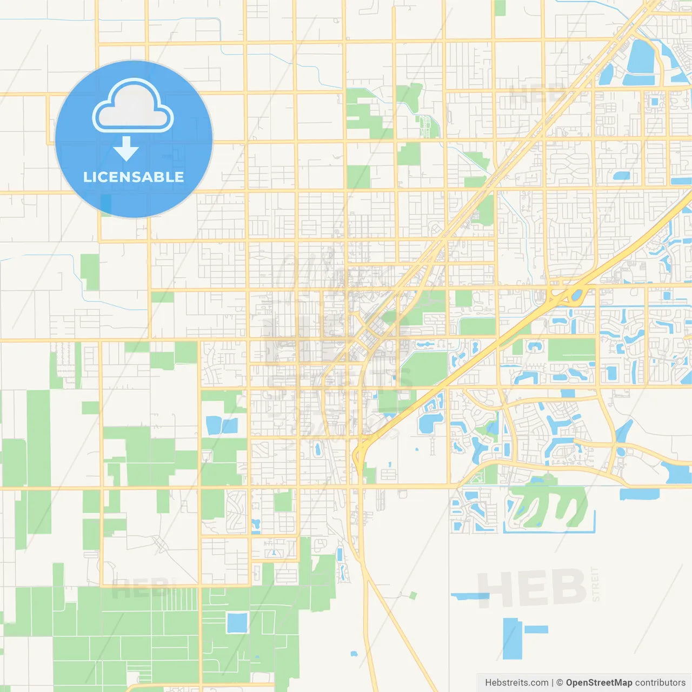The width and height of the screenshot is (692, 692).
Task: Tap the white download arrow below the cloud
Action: pyautogui.click(x=126, y=149)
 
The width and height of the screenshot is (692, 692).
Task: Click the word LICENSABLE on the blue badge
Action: pyautogui.click(x=134, y=177)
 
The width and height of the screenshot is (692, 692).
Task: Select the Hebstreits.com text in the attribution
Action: pyautogui.click(x=516, y=683)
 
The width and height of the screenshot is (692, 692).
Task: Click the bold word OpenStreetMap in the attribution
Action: pyautogui.click(x=598, y=683)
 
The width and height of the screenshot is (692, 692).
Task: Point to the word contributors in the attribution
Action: pyautogui.click(x=660, y=683)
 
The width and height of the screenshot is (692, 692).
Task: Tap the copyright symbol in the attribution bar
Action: pyautogui.click(x=560, y=683)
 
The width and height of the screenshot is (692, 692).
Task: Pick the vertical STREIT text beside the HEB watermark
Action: pyautogui.click(x=595, y=584)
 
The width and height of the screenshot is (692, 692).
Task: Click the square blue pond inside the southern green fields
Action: pyautogui.click(x=237, y=623)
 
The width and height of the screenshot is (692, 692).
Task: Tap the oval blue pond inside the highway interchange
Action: pyautogui.click(x=576, y=295)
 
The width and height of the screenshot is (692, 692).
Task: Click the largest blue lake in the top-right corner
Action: pyautogui.click(x=642, y=57)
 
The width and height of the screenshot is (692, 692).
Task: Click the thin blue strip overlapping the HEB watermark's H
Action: pyautogui.click(x=470, y=596)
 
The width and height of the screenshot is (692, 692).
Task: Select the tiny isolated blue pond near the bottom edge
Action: pyautogui.click(x=354, y=654)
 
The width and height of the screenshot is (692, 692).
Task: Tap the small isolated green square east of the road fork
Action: pyautogui.click(x=413, y=595)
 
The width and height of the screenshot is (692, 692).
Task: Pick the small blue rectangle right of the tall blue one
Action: pyautogui.click(x=536, y=629)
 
